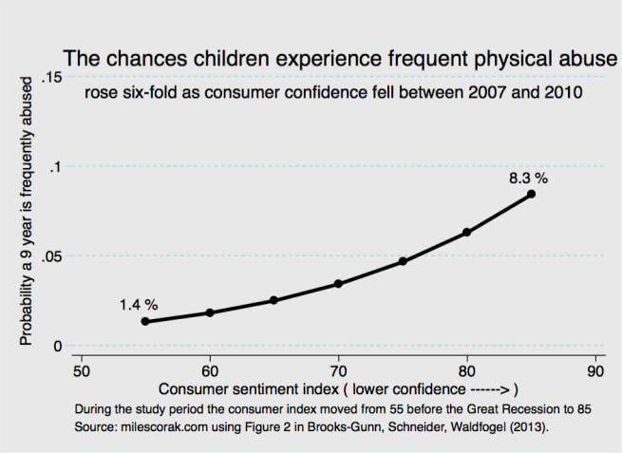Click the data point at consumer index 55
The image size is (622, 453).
point(145,321)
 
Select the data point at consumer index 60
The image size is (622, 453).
point(210,312)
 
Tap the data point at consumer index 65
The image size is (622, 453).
point(274,300)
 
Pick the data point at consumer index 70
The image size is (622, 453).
point(338,284)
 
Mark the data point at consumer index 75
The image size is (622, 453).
point(403,261)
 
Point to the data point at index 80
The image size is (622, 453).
point(467,232)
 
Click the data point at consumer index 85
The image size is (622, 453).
point(531,194)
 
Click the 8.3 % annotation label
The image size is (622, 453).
point(527,177)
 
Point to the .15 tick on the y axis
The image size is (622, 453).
point(51,77)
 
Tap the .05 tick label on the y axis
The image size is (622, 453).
point(51,256)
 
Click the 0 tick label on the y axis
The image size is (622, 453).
point(58,346)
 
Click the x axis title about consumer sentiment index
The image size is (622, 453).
point(337,390)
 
